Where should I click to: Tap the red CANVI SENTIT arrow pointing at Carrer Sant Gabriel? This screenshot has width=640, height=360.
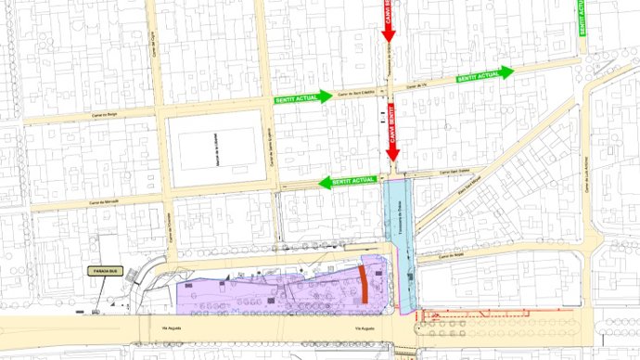coord(392,140)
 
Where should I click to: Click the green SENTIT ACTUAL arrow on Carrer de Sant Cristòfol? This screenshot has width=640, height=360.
coord(302,96)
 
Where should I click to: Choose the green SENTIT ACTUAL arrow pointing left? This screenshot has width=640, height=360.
coord(347,180)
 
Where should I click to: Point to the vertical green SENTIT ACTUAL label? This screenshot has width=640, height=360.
coord(582,18)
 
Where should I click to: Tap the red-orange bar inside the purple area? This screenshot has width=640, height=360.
coord(364,284)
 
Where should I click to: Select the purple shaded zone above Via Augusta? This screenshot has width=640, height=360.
coord(269,292)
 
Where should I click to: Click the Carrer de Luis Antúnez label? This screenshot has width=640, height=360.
coord(587,176)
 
